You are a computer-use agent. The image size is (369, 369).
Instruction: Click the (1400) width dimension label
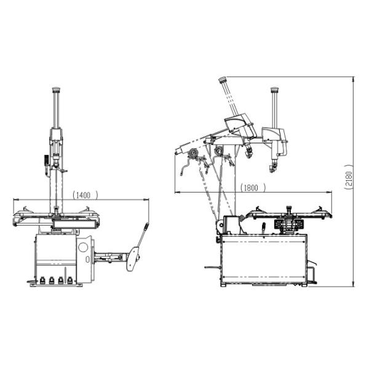(x=85, y=194)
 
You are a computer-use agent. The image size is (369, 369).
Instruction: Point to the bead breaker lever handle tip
(x=147, y=225)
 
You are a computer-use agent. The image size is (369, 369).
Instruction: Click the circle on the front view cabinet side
(x=83, y=247)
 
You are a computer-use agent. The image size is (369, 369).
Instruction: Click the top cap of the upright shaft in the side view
(x=274, y=90)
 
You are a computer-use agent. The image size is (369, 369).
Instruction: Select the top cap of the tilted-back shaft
(x=222, y=79)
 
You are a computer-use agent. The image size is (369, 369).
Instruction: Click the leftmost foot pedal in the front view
(x=42, y=281)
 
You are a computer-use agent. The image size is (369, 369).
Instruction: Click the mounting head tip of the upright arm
(x=272, y=168)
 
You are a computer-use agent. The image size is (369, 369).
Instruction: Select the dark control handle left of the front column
(x=46, y=161)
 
